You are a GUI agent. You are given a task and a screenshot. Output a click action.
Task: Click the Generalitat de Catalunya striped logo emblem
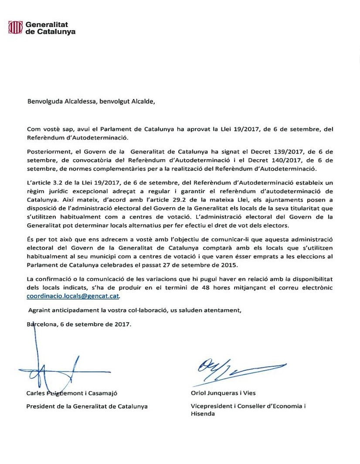16,28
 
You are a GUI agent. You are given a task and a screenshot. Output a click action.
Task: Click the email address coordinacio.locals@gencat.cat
73,296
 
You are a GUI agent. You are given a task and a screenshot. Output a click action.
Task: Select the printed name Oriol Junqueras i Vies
223,393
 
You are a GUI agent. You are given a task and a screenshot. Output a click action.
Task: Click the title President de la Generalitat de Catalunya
87,406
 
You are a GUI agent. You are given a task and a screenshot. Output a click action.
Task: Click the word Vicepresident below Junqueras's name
212,406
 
